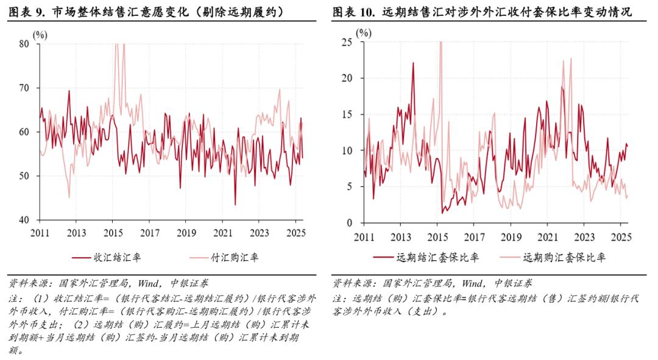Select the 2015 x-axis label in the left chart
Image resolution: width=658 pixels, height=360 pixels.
(x=113, y=233)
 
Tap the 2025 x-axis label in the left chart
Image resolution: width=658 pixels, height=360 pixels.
(x=295, y=233)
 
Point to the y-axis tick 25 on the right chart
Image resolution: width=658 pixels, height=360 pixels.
(x=348, y=42)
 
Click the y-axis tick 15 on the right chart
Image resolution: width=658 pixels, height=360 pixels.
(x=348, y=115)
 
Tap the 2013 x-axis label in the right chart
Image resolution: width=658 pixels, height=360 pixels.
(x=400, y=237)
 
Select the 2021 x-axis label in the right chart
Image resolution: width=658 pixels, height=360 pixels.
(x=547, y=237)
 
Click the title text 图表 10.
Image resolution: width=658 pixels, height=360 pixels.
(x=353, y=12)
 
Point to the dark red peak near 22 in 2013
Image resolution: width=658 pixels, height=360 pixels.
(x=413, y=63)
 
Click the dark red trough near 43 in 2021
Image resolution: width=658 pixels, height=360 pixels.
(x=235, y=204)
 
